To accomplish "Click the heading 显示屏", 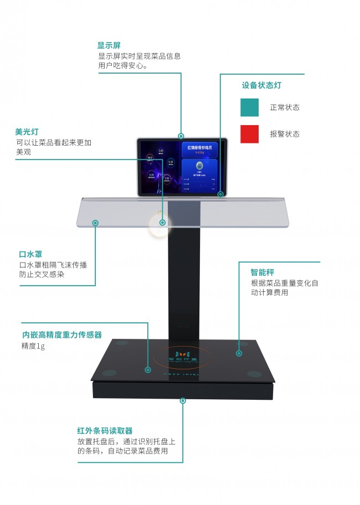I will [109, 45].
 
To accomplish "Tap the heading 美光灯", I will [27, 132].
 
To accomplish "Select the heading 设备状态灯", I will [261, 85].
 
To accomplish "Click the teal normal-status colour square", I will [249, 107].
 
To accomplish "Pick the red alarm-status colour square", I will [249, 134].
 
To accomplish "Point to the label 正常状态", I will [285, 107].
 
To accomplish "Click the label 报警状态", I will [285, 134].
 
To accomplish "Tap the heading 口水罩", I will [30, 255].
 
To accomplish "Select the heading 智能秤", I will [263, 272].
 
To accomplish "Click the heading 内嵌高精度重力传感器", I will [62, 335].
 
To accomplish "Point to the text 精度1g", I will [33, 346].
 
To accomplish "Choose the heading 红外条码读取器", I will [105, 431].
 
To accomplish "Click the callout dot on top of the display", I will [181, 136].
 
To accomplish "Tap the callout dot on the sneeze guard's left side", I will [95, 223].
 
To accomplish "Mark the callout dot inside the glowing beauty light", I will [162, 223].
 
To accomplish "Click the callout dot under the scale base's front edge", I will [183, 399].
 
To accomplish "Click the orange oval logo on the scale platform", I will [183, 357].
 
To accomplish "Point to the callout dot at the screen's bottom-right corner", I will [220, 194].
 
